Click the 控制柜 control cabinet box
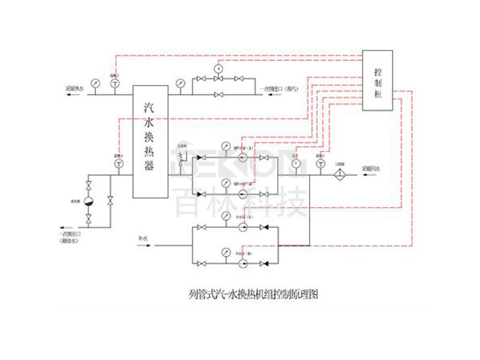click(378, 82)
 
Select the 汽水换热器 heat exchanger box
click(150, 142)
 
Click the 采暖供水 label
click(75, 89)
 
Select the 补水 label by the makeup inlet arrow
click(143, 238)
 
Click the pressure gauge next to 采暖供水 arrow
click(95, 82)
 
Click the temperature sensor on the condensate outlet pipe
click(118, 163)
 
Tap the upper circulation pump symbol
click(242, 158)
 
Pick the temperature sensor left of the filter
click(319, 163)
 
